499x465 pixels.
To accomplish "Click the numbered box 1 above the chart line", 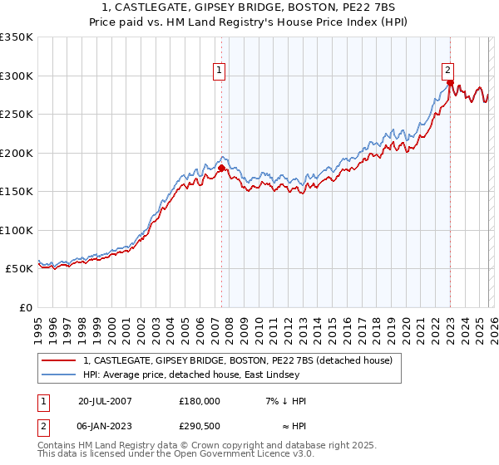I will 219,71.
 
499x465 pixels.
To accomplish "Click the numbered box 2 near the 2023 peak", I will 447,71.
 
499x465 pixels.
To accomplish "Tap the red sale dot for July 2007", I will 221,169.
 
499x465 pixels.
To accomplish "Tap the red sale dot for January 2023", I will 450,83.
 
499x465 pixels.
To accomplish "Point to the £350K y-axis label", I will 16,37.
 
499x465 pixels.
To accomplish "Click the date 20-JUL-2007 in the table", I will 104,400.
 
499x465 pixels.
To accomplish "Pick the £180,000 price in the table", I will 200,400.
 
